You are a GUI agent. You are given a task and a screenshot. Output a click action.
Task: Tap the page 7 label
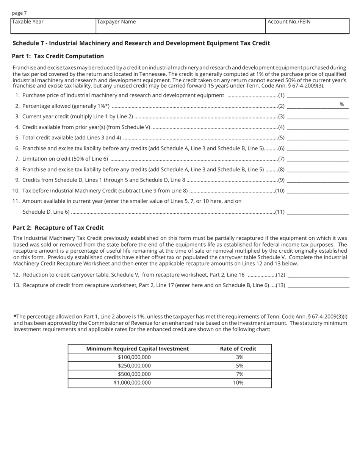(x=19, y=13)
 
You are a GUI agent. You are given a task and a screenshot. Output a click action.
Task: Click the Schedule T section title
(x=141, y=43)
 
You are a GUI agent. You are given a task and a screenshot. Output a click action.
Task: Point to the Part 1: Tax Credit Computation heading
(x=58, y=56)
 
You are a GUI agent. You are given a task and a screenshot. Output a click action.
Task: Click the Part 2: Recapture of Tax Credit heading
(x=58, y=228)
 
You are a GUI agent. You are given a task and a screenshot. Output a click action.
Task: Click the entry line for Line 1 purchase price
(x=318, y=95)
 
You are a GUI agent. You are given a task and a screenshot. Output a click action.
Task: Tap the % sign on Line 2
(x=342, y=105)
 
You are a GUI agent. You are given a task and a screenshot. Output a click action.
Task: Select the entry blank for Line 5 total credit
(x=318, y=138)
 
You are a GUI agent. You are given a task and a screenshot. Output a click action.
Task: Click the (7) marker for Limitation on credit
(x=281, y=159)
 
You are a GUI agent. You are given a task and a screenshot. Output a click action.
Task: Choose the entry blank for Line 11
(x=318, y=212)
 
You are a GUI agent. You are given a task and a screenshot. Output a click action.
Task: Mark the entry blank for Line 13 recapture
(x=318, y=285)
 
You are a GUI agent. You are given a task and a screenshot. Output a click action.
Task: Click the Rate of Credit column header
(x=238, y=349)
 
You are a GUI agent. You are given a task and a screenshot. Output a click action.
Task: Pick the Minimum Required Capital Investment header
(x=137, y=349)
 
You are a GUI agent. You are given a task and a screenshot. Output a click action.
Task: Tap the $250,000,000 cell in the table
(x=134, y=366)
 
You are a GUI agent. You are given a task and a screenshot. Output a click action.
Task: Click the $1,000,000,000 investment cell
(x=132, y=383)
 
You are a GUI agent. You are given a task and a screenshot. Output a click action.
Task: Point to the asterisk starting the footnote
(x=15, y=316)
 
